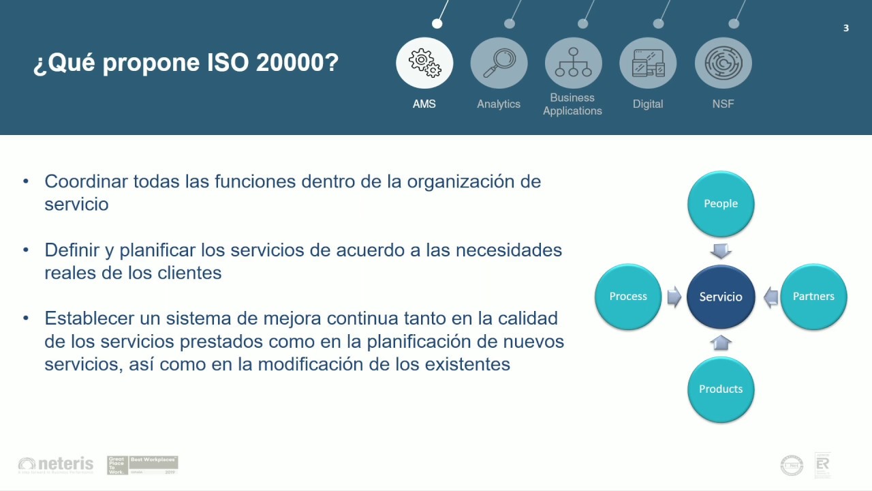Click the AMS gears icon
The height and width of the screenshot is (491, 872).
(x=424, y=63)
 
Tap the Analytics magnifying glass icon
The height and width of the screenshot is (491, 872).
(x=499, y=63)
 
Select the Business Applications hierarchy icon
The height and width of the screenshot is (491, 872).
(x=573, y=63)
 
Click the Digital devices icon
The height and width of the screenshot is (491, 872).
(x=648, y=63)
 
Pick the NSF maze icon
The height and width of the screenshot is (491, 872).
(x=723, y=63)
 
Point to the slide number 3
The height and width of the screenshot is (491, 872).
(x=846, y=28)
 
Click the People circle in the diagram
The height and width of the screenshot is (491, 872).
(x=721, y=204)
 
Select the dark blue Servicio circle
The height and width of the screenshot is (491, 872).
(x=721, y=297)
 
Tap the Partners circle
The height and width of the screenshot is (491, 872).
(x=813, y=297)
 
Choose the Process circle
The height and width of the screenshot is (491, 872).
(x=628, y=297)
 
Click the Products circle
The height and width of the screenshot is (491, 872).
(x=721, y=389)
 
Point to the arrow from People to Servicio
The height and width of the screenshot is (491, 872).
(x=721, y=250)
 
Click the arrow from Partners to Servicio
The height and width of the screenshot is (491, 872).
(x=770, y=297)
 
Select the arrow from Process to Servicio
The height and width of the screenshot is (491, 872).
(x=674, y=297)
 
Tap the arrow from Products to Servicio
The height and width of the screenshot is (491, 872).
(x=721, y=342)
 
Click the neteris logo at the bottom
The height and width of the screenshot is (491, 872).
(x=56, y=464)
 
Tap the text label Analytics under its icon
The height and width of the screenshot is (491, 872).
(x=499, y=104)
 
